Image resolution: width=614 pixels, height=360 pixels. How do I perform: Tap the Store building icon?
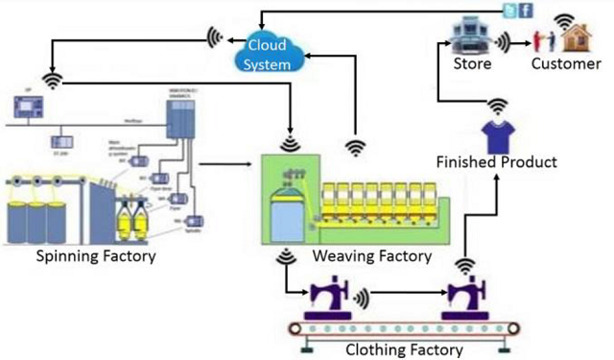pyautogui.click(x=471, y=36)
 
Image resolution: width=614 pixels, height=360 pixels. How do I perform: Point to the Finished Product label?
pyautogui.click(x=496, y=162)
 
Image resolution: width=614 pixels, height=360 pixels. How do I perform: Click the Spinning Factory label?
pyautogui.click(x=96, y=256)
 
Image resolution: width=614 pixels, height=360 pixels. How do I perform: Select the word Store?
pyautogui.click(x=473, y=65)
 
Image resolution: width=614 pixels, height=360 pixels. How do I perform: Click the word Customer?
pyautogui.click(x=567, y=65)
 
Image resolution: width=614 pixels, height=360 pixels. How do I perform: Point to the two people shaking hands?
pyautogui.click(x=540, y=40)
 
